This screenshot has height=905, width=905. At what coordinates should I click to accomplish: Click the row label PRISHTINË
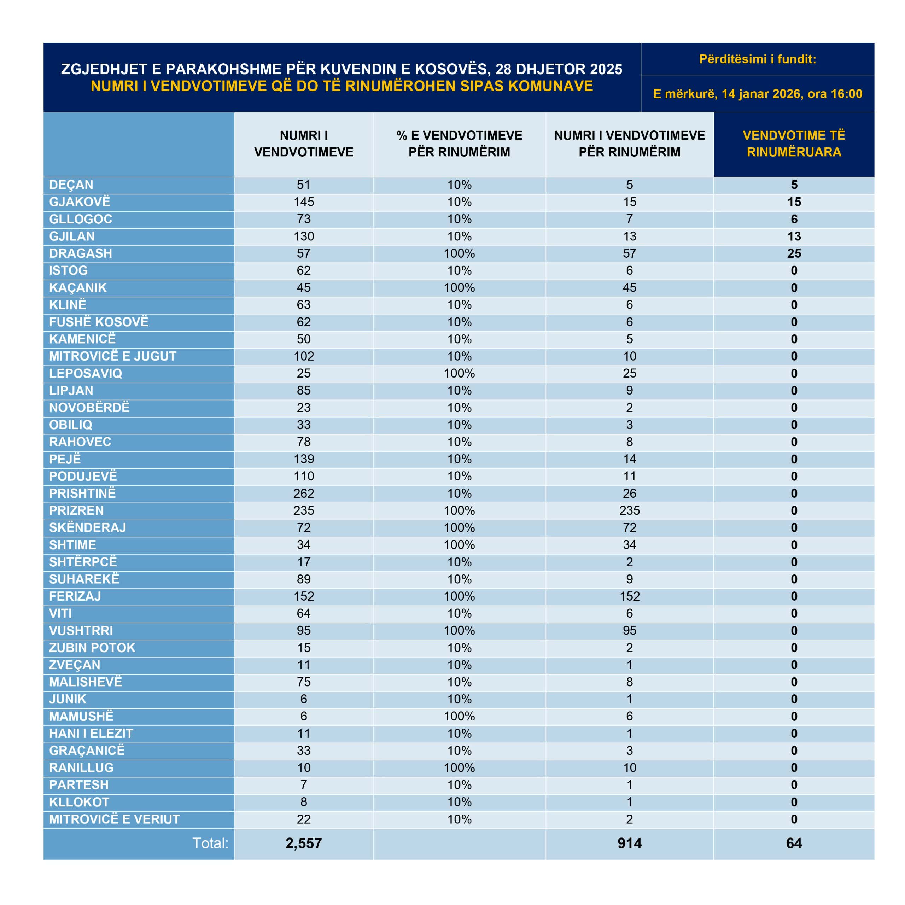(82, 493)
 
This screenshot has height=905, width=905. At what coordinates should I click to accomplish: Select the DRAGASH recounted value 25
(794, 253)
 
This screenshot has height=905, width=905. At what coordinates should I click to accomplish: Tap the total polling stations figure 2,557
(304, 843)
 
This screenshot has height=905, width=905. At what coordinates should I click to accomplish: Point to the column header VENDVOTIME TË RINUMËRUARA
(794, 144)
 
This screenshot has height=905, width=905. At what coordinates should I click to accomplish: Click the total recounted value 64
(794, 843)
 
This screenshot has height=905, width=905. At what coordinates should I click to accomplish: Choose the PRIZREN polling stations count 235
(304, 510)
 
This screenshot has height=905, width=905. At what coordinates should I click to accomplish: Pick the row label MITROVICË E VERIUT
(114, 819)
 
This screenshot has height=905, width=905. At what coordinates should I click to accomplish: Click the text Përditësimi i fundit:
(758, 59)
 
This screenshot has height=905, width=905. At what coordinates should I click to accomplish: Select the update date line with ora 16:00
(758, 94)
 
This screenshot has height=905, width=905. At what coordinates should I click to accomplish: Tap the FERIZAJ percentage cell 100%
(459, 596)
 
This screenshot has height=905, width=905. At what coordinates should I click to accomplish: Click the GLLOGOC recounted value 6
(794, 219)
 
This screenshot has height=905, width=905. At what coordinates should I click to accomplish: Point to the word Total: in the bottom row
(210, 843)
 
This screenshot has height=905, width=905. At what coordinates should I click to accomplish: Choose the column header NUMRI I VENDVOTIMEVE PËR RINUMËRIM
(629, 144)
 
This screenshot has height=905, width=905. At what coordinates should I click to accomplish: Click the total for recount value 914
(629, 843)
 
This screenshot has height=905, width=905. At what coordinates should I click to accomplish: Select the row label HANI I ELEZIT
(91, 734)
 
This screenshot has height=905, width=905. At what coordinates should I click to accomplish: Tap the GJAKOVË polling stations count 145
(304, 202)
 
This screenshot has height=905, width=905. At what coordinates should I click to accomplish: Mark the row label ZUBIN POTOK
(92, 648)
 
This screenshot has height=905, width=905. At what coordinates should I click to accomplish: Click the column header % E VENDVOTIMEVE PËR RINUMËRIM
(459, 144)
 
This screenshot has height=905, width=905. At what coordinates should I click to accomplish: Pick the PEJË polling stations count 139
(304, 459)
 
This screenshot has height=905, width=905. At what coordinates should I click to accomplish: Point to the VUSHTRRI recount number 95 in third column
(629, 631)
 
